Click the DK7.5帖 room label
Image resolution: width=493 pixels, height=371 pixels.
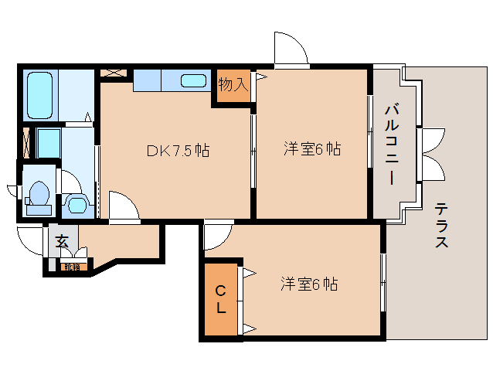tap(177, 150)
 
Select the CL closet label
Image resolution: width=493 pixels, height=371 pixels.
tap(220, 300)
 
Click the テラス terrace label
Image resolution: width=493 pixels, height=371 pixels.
tap(442, 225)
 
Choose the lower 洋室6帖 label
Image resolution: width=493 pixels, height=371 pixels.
tap(309, 284)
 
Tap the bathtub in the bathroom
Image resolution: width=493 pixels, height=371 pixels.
tap(39, 94)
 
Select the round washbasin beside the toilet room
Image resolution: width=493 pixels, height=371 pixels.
tap(76, 203)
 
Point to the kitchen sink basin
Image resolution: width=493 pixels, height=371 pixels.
tap(194, 80)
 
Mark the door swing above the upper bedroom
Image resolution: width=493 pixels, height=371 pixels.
tap(291, 49)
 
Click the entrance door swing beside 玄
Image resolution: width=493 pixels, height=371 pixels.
tap(31, 243)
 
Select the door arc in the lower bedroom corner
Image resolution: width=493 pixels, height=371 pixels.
tap(218, 236)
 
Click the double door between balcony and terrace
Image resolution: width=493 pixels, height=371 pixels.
tap(429, 152)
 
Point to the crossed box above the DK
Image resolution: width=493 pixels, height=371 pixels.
tap(113, 73)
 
